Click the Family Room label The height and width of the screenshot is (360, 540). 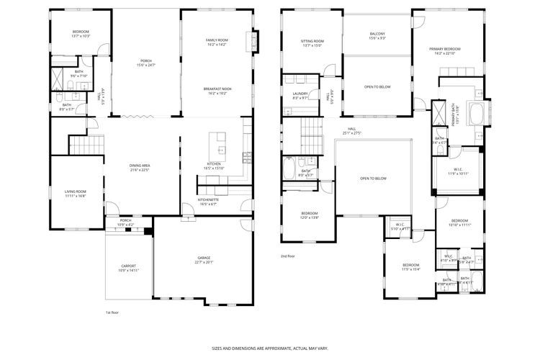[x=217, y=42]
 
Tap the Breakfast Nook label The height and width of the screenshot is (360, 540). [x=217, y=90]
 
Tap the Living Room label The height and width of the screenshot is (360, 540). [x=76, y=193]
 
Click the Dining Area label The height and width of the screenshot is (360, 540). [x=139, y=168]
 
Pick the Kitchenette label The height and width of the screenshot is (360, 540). [x=207, y=202]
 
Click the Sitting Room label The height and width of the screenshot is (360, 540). [x=312, y=43]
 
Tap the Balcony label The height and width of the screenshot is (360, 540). [x=377, y=36]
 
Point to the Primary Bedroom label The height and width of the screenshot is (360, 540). [x=446, y=50]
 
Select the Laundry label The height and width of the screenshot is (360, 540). [x=300, y=96]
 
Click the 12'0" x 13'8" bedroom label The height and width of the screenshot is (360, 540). [x=309, y=215]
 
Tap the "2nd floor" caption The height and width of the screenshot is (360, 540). [x=288, y=256]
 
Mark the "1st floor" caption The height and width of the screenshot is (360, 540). [x=112, y=313]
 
